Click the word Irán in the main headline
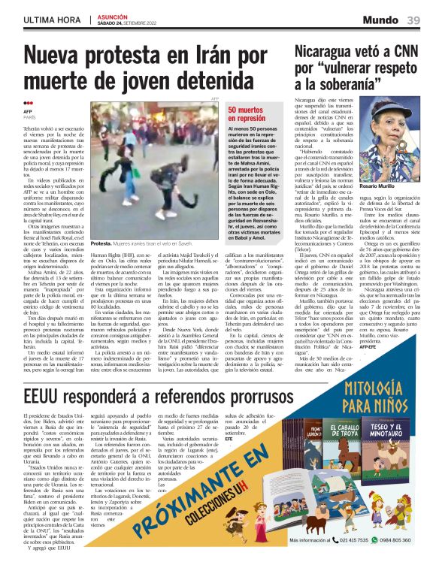point(202,56)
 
